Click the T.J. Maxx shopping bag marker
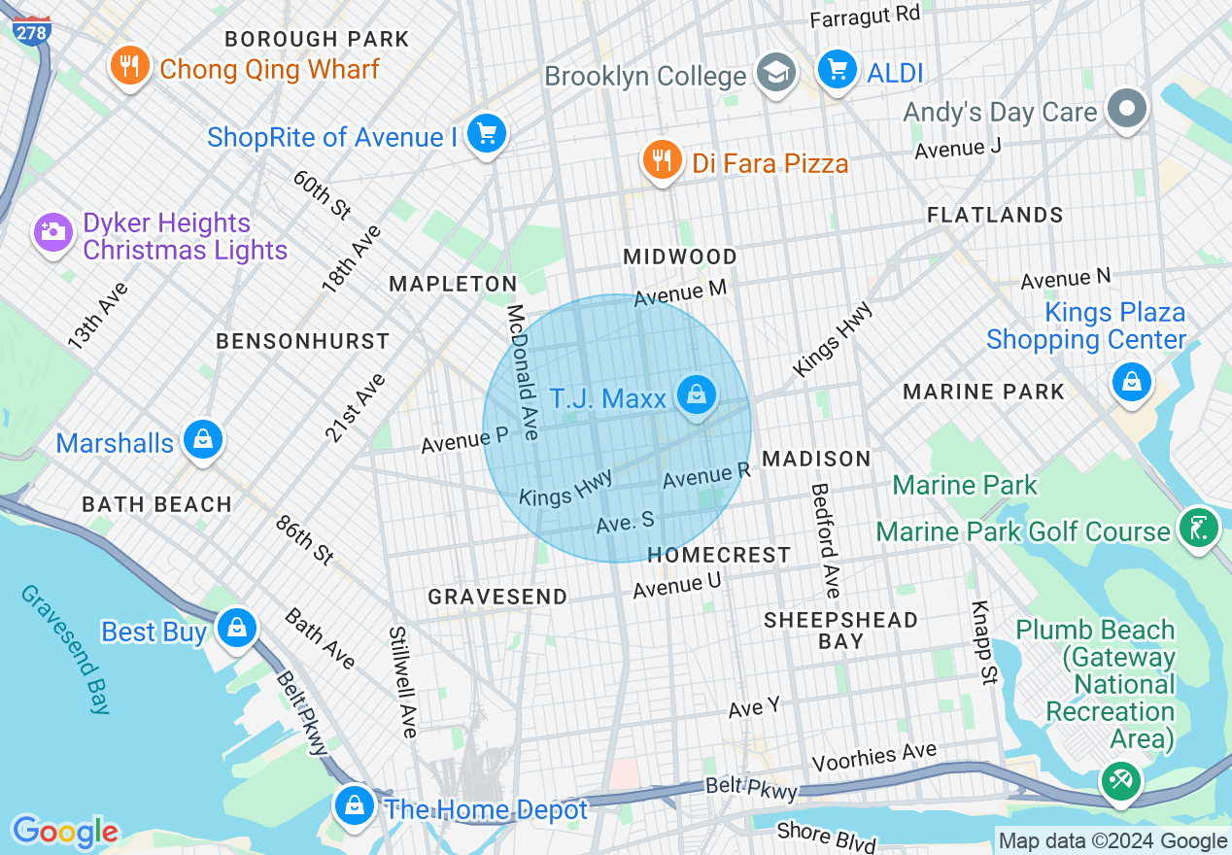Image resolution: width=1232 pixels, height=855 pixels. coord(696,395)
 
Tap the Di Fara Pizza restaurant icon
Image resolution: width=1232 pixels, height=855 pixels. coord(663,159)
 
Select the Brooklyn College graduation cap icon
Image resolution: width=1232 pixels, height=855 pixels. coord(776,73)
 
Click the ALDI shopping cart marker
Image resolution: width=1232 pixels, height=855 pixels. coord(836,70)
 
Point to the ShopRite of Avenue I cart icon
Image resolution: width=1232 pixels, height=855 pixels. coord(486,133)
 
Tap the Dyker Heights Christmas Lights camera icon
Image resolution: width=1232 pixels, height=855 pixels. coord(53,232)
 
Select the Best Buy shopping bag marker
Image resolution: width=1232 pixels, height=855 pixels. coord(236,629)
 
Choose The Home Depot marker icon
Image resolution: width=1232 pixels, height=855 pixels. coord(356,805)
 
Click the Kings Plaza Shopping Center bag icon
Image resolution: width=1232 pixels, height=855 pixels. coord(1131,381)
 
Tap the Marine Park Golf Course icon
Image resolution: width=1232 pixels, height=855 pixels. coord(1198,528)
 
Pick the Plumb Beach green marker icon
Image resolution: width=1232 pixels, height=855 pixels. coord(1120,780)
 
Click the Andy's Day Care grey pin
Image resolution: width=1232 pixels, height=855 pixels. coord(1127,109)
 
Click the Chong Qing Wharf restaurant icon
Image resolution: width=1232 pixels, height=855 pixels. coord(128,66)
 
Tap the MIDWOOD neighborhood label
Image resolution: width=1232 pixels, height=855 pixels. coord(680,256)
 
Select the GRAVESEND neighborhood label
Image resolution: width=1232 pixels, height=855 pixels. coord(497,597)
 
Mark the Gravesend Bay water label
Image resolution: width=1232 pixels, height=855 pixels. coord(62,649)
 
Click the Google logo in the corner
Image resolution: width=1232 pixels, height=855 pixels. coord(65,832)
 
